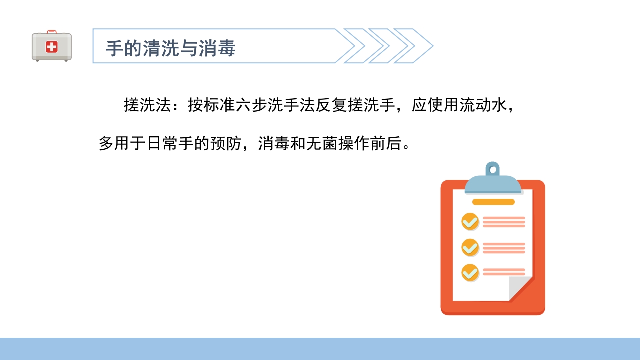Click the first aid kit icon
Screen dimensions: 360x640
(52, 47)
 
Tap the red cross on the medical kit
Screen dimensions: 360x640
(52, 47)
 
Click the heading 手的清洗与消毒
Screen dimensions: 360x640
(170, 49)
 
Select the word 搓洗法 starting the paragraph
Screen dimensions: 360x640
(148, 105)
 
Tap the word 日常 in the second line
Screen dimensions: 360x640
(162, 144)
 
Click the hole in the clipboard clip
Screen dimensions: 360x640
(493, 170)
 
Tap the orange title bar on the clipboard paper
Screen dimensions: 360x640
(493, 202)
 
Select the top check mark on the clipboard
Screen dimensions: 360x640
(470, 221)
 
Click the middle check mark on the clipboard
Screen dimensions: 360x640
(470, 247)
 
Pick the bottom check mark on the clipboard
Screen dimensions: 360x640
(470, 272)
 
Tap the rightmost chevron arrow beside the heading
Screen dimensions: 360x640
(417, 46)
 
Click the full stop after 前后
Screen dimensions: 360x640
(407, 147)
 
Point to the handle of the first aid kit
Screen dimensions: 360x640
(52, 32)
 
